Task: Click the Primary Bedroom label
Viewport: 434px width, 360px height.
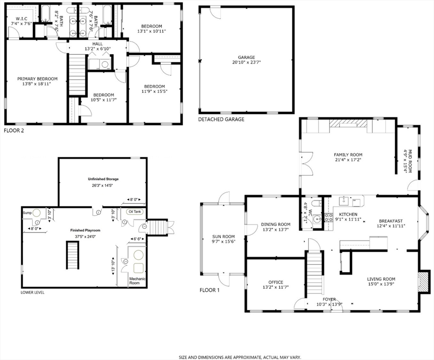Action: (x=37, y=79)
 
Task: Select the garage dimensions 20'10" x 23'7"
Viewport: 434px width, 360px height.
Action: (x=246, y=62)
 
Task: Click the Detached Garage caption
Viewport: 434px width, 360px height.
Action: (x=221, y=120)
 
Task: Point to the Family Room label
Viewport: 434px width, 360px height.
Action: (x=348, y=155)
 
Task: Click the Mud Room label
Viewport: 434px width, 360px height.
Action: (x=408, y=161)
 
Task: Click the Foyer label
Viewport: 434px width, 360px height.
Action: (x=329, y=299)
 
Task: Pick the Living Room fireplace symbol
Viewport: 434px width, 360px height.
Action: (x=424, y=281)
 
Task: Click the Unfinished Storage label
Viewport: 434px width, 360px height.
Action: (x=103, y=179)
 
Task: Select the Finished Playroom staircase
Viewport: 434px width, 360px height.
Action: (x=72, y=256)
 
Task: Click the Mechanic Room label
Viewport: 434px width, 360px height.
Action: (x=137, y=281)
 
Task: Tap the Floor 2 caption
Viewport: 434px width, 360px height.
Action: (x=14, y=130)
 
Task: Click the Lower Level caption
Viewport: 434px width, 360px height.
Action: (x=32, y=292)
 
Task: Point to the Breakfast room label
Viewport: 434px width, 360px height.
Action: (x=390, y=221)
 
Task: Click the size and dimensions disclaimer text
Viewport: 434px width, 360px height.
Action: (x=239, y=357)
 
